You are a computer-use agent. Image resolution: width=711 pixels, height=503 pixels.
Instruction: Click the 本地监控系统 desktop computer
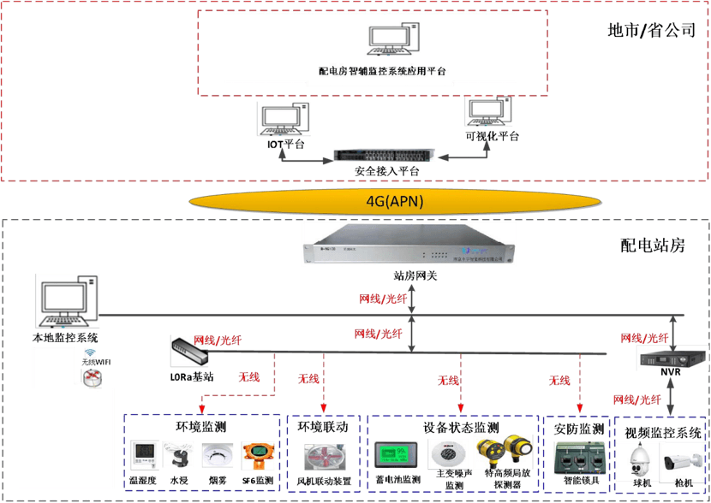pyautogui.click(x=65, y=300)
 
